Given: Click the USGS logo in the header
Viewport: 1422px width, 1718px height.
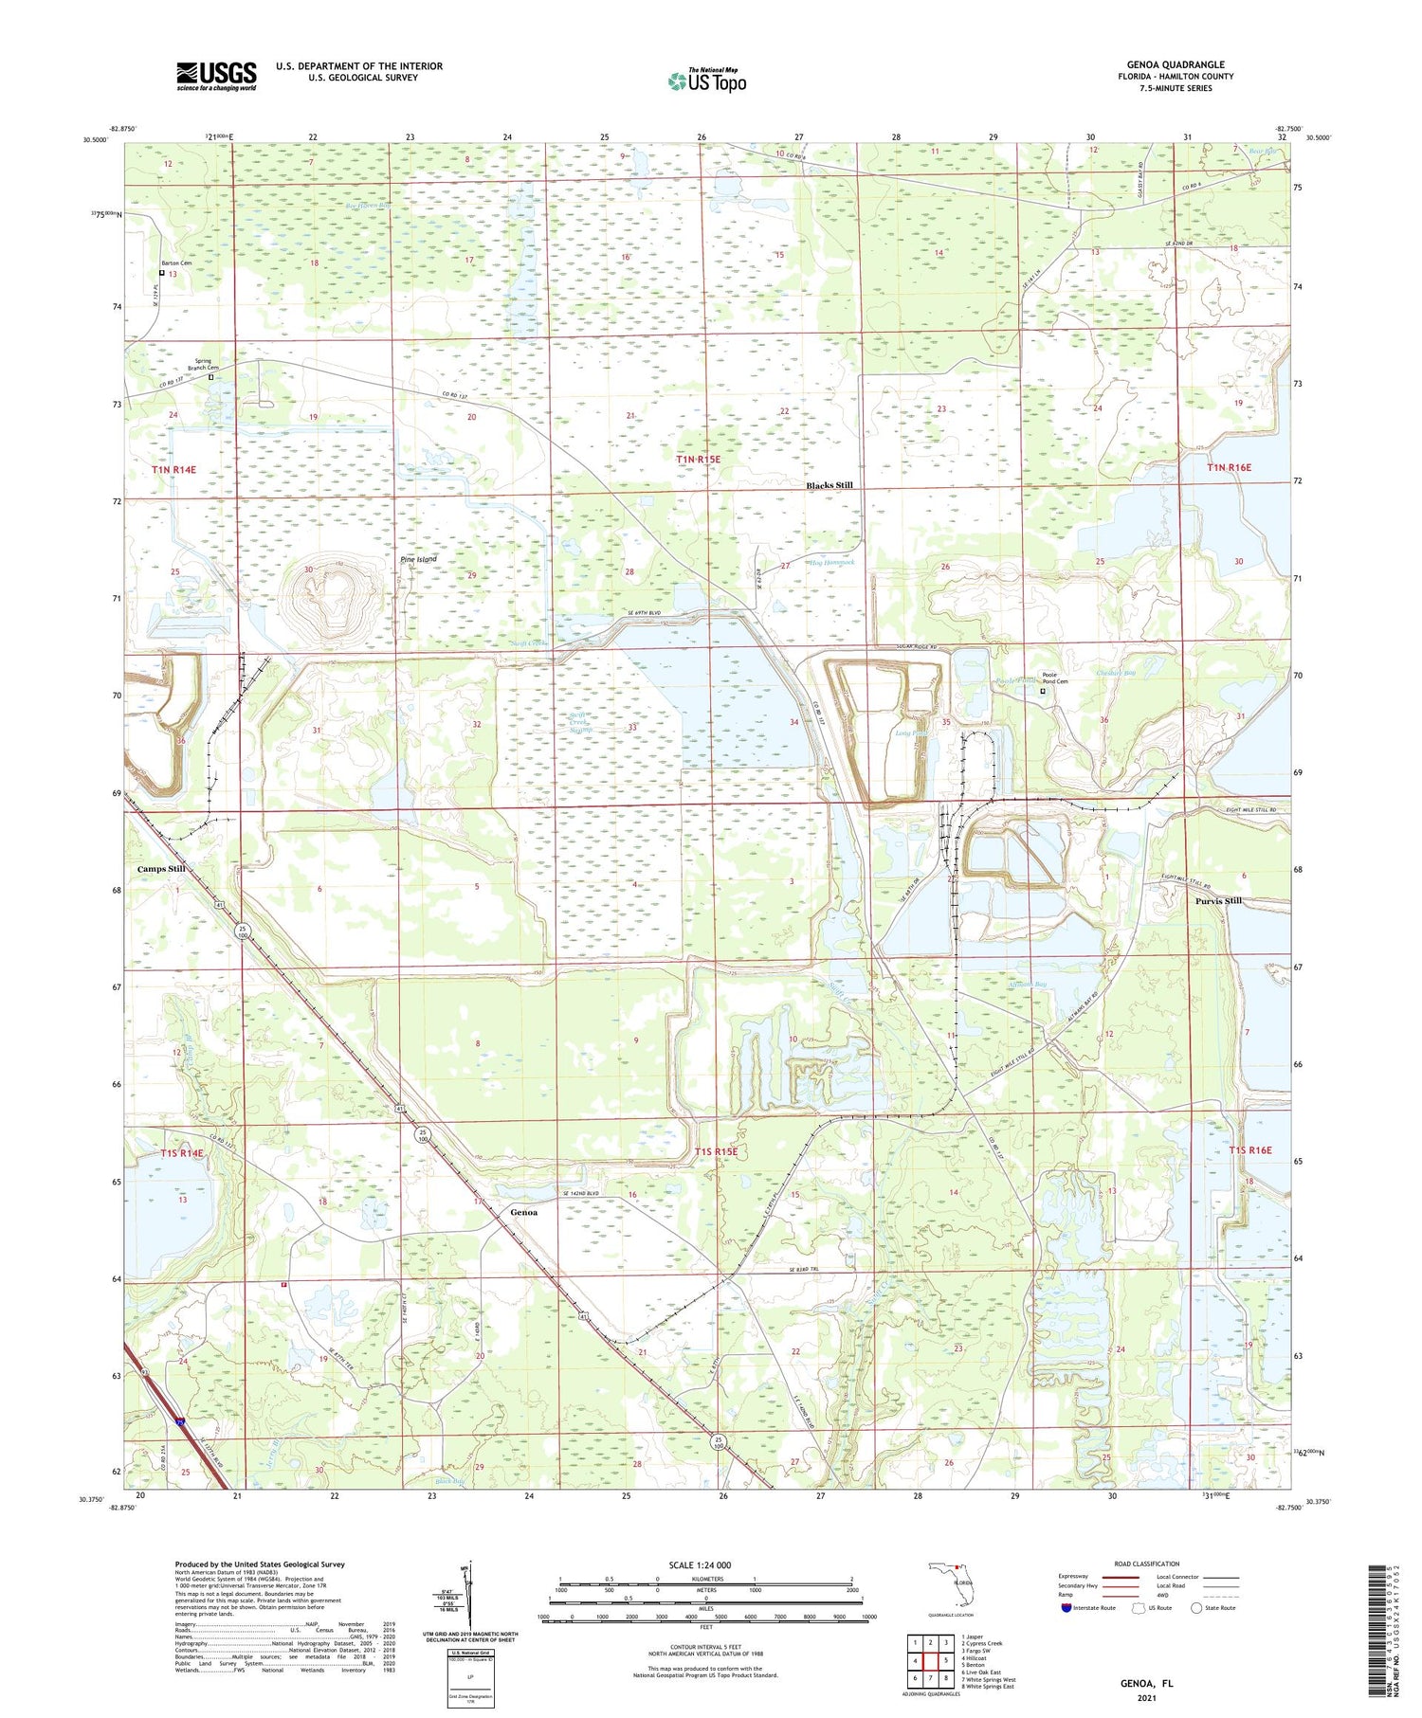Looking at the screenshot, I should (x=216, y=76).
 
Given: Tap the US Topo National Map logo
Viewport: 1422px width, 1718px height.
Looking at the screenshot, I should (x=706, y=81).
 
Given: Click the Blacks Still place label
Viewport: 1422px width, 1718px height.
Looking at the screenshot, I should (x=829, y=485).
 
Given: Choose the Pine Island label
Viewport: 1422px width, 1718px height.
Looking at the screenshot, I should (x=418, y=560).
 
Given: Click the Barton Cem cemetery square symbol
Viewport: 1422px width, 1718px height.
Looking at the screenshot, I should (x=161, y=273).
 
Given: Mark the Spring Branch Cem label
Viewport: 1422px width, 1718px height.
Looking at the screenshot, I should (x=207, y=364).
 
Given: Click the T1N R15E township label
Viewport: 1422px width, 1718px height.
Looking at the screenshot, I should (x=698, y=460).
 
